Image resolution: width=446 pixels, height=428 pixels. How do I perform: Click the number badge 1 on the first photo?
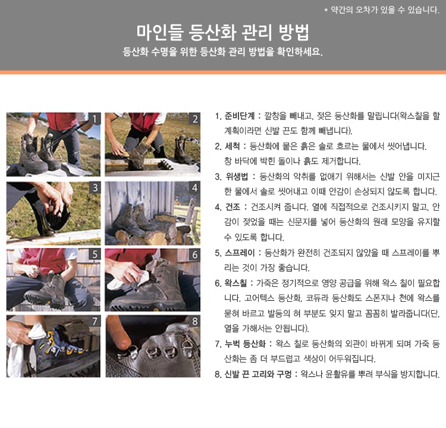[x=95, y=118]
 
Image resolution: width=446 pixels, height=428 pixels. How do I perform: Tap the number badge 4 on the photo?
[x=194, y=188]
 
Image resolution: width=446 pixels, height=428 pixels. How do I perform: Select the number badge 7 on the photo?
[x=95, y=321]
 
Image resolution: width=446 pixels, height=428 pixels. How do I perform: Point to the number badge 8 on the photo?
[x=194, y=321]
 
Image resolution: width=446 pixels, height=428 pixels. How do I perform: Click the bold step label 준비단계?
[x=240, y=116]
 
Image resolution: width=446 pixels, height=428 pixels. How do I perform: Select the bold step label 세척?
[x=233, y=146]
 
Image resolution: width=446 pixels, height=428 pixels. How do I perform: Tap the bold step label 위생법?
[x=237, y=177]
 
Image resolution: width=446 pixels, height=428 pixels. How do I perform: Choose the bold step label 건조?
[x=233, y=207]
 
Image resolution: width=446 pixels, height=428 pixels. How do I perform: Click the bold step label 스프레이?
[x=240, y=252]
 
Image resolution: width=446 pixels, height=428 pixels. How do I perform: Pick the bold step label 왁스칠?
[x=235, y=283]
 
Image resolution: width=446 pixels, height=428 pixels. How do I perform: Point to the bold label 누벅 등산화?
[x=245, y=343]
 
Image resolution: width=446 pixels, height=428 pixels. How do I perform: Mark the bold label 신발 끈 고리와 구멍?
[x=258, y=374]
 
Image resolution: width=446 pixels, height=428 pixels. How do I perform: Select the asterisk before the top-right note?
[x=326, y=11]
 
